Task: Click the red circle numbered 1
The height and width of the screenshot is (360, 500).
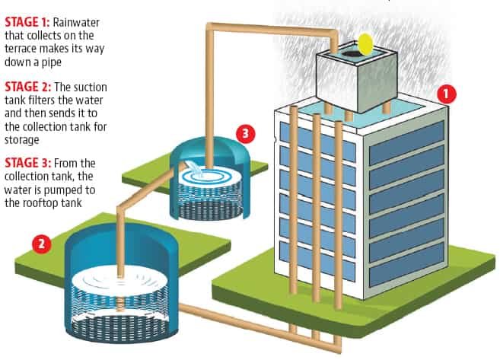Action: pyautogui.click(x=447, y=94)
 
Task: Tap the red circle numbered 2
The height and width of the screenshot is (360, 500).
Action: pyautogui.click(x=42, y=244)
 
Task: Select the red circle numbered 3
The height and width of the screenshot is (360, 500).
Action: pyautogui.click(x=246, y=133)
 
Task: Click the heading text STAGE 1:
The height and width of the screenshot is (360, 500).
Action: pyautogui.click(x=27, y=22)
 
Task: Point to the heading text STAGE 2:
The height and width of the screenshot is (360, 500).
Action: pyautogui.click(x=27, y=87)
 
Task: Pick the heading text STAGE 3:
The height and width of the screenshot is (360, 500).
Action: pyautogui.click(x=27, y=163)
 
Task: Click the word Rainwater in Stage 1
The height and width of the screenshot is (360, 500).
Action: pyautogui.click(x=76, y=22)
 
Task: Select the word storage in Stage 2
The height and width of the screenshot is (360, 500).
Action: pyautogui.click(x=22, y=140)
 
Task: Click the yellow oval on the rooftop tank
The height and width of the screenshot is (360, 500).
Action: pyautogui.click(x=365, y=43)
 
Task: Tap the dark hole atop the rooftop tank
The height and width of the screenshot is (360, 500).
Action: pyautogui.click(x=352, y=53)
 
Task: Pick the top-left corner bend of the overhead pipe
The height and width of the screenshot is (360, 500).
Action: pyautogui.click(x=210, y=27)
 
